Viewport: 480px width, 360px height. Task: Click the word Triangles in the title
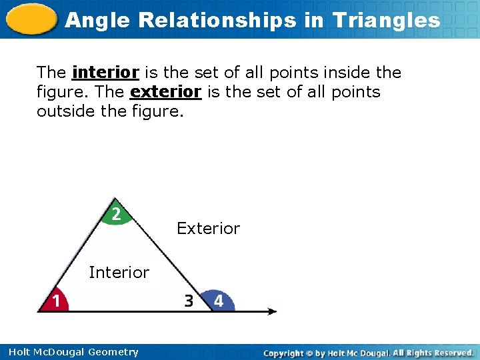(387, 20)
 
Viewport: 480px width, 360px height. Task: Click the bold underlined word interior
(105, 72)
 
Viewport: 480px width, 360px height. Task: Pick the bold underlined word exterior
(166, 91)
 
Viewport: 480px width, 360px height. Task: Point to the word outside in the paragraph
(65, 111)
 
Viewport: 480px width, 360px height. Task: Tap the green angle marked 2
(116, 213)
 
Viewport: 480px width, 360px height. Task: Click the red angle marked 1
(55, 301)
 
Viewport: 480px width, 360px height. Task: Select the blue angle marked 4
(218, 301)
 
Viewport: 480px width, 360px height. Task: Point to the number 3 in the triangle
(189, 301)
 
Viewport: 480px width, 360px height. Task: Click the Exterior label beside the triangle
(208, 229)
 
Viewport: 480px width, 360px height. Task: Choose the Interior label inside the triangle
(119, 272)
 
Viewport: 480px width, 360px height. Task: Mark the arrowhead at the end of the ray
(272, 311)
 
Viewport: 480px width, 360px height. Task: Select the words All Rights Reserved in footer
(433, 352)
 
